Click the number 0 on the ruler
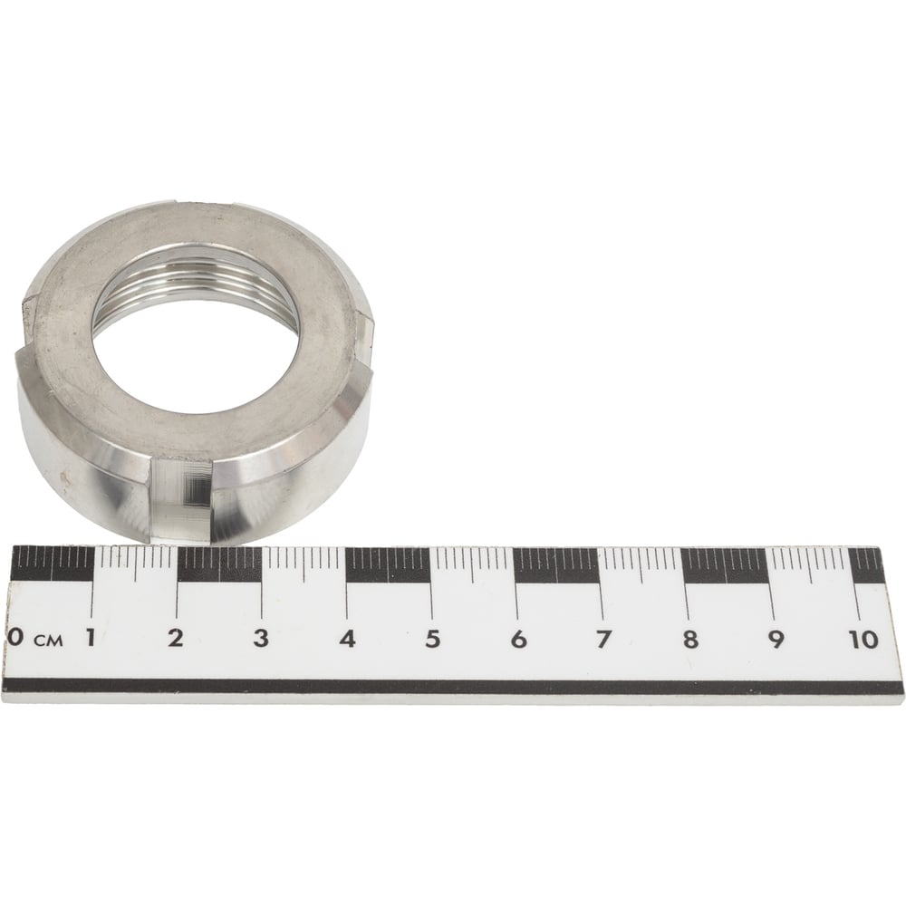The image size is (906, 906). [x=15, y=638]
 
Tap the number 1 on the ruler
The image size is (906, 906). [x=90, y=638]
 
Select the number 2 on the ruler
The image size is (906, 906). [x=175, y=638]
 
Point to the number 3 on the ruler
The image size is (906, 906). [x=261, y=639]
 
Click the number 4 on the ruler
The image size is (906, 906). [x=347, y=639]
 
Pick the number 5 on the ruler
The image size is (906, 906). [x=433, y=639]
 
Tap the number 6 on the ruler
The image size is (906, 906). [x=518, y=640]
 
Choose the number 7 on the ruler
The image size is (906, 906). [x=603, y=640]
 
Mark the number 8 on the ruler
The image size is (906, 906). [x=689, y=640]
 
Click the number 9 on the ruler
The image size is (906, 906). [x=776, y=640]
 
